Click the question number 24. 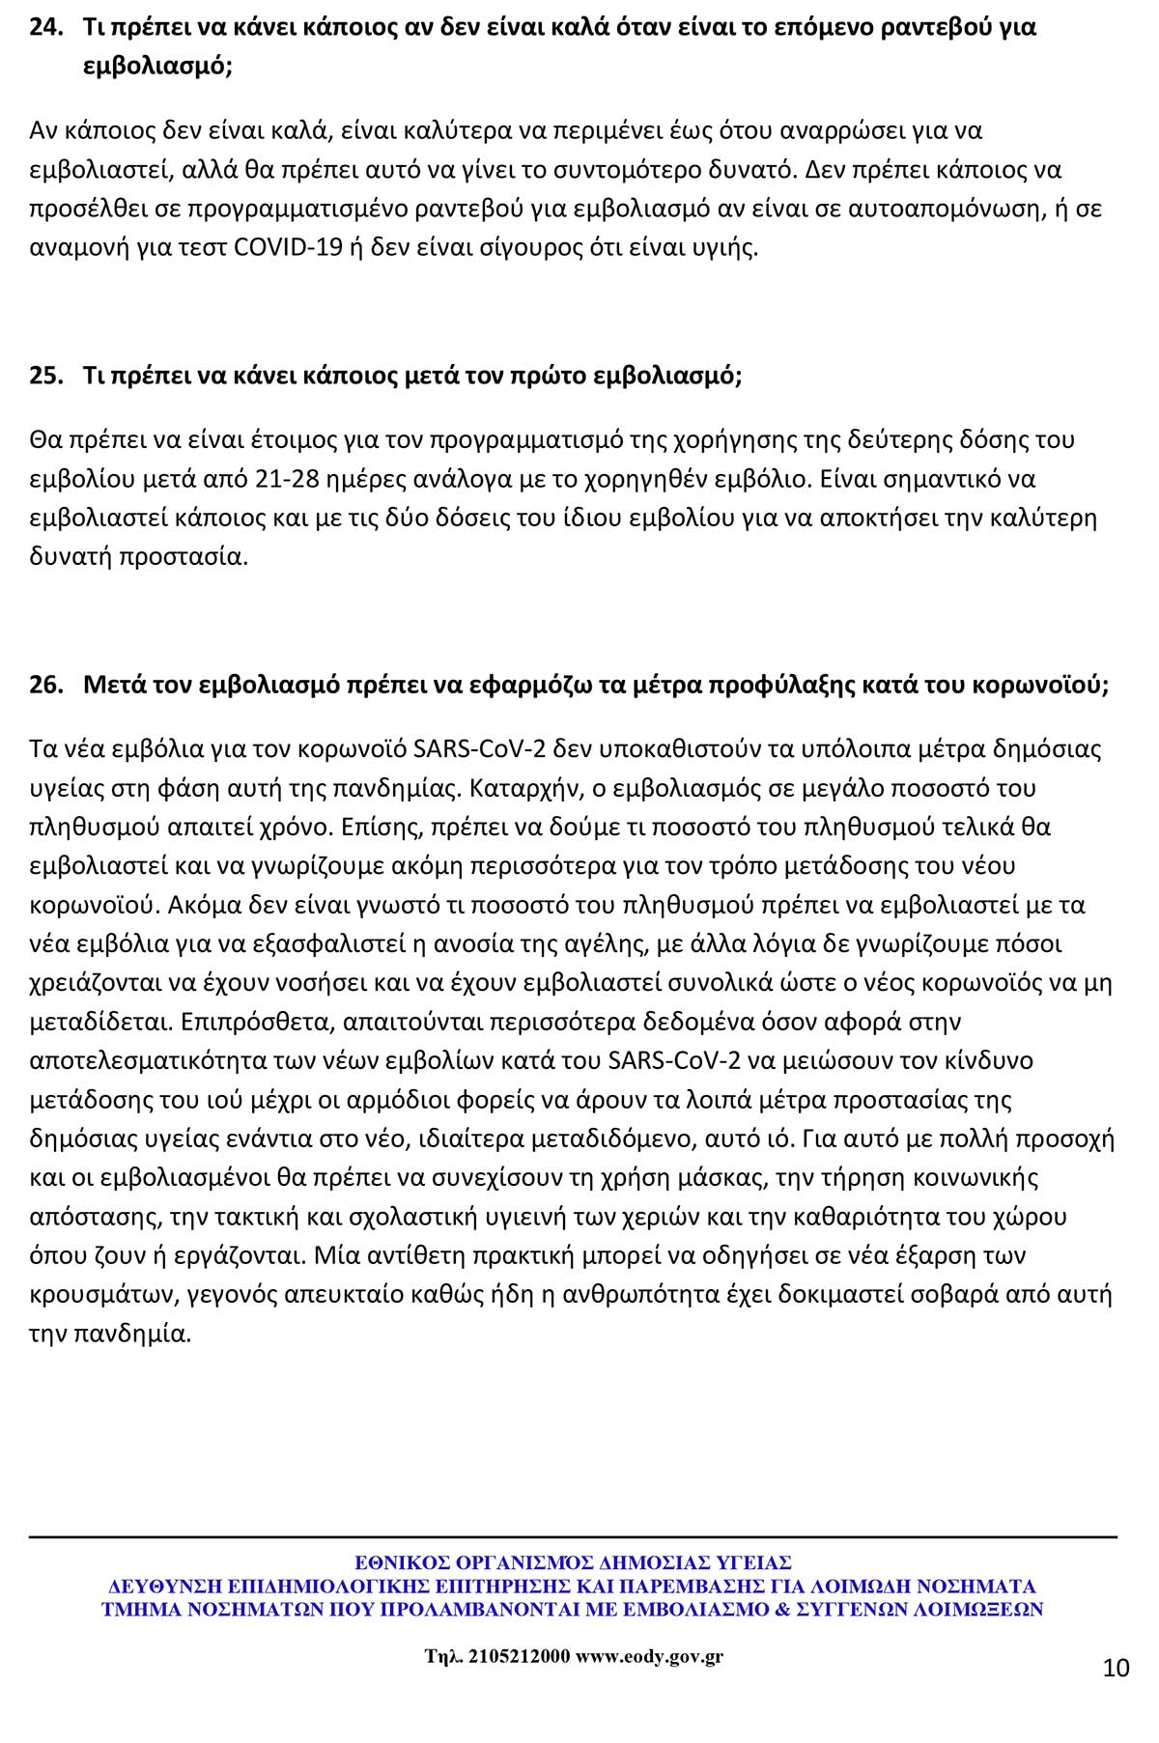(x=44, y=27)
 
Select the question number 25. (x=44, y=376)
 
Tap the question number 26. (x=44, y=685)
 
